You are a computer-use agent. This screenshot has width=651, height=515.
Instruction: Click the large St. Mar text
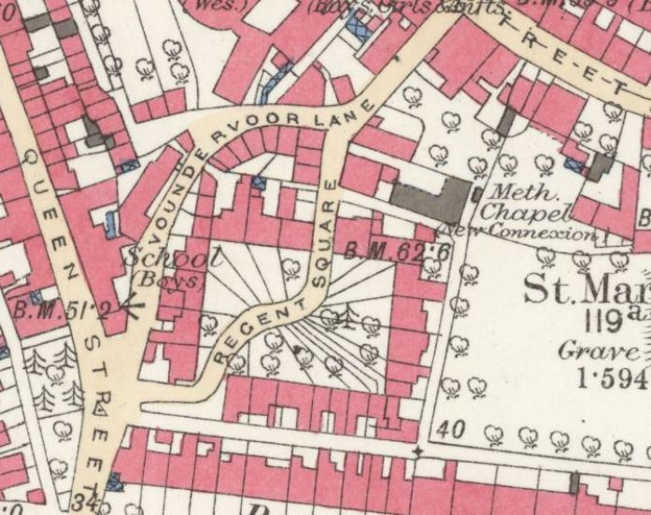tap(585, 290)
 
